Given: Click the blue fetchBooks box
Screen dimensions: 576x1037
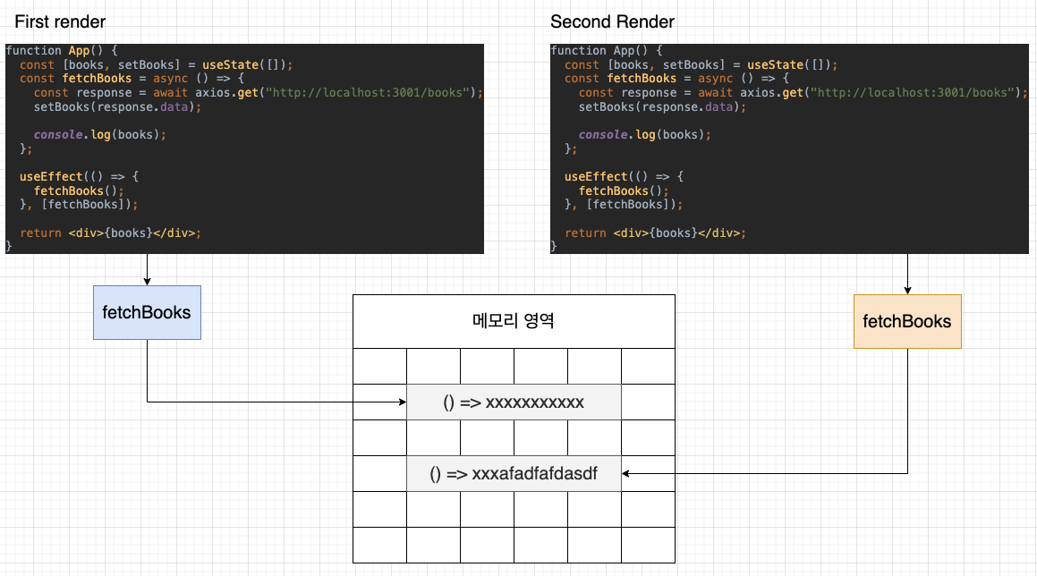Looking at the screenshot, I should [x=147, y=312].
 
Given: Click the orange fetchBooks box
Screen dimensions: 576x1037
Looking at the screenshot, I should [x=907, y=321].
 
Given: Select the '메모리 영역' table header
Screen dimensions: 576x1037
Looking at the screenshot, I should [x=514, y=321].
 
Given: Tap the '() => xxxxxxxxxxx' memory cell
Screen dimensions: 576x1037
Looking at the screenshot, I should [x=514, y=402].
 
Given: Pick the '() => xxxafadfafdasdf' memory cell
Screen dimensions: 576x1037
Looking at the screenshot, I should [x=514, y=474].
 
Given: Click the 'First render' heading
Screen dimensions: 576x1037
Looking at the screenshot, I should [x=60, y=21].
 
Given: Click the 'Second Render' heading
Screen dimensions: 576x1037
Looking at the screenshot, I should [x=612, y=21].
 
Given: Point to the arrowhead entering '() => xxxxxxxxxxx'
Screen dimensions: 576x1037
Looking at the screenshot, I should [x=402, y=402].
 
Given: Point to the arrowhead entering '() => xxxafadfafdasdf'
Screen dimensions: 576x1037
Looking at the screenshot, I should [x=626, y=474].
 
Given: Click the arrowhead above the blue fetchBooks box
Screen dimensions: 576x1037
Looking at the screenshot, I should [x=147, y=281].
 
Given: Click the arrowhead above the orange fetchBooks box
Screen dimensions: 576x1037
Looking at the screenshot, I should [x=907, y=290].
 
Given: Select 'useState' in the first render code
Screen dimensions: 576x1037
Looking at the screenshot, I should [x=228, y=64].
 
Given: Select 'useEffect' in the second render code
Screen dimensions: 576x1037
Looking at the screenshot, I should [x=593, y=176].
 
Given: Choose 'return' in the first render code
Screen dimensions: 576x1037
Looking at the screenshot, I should [x=40, y=233].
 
